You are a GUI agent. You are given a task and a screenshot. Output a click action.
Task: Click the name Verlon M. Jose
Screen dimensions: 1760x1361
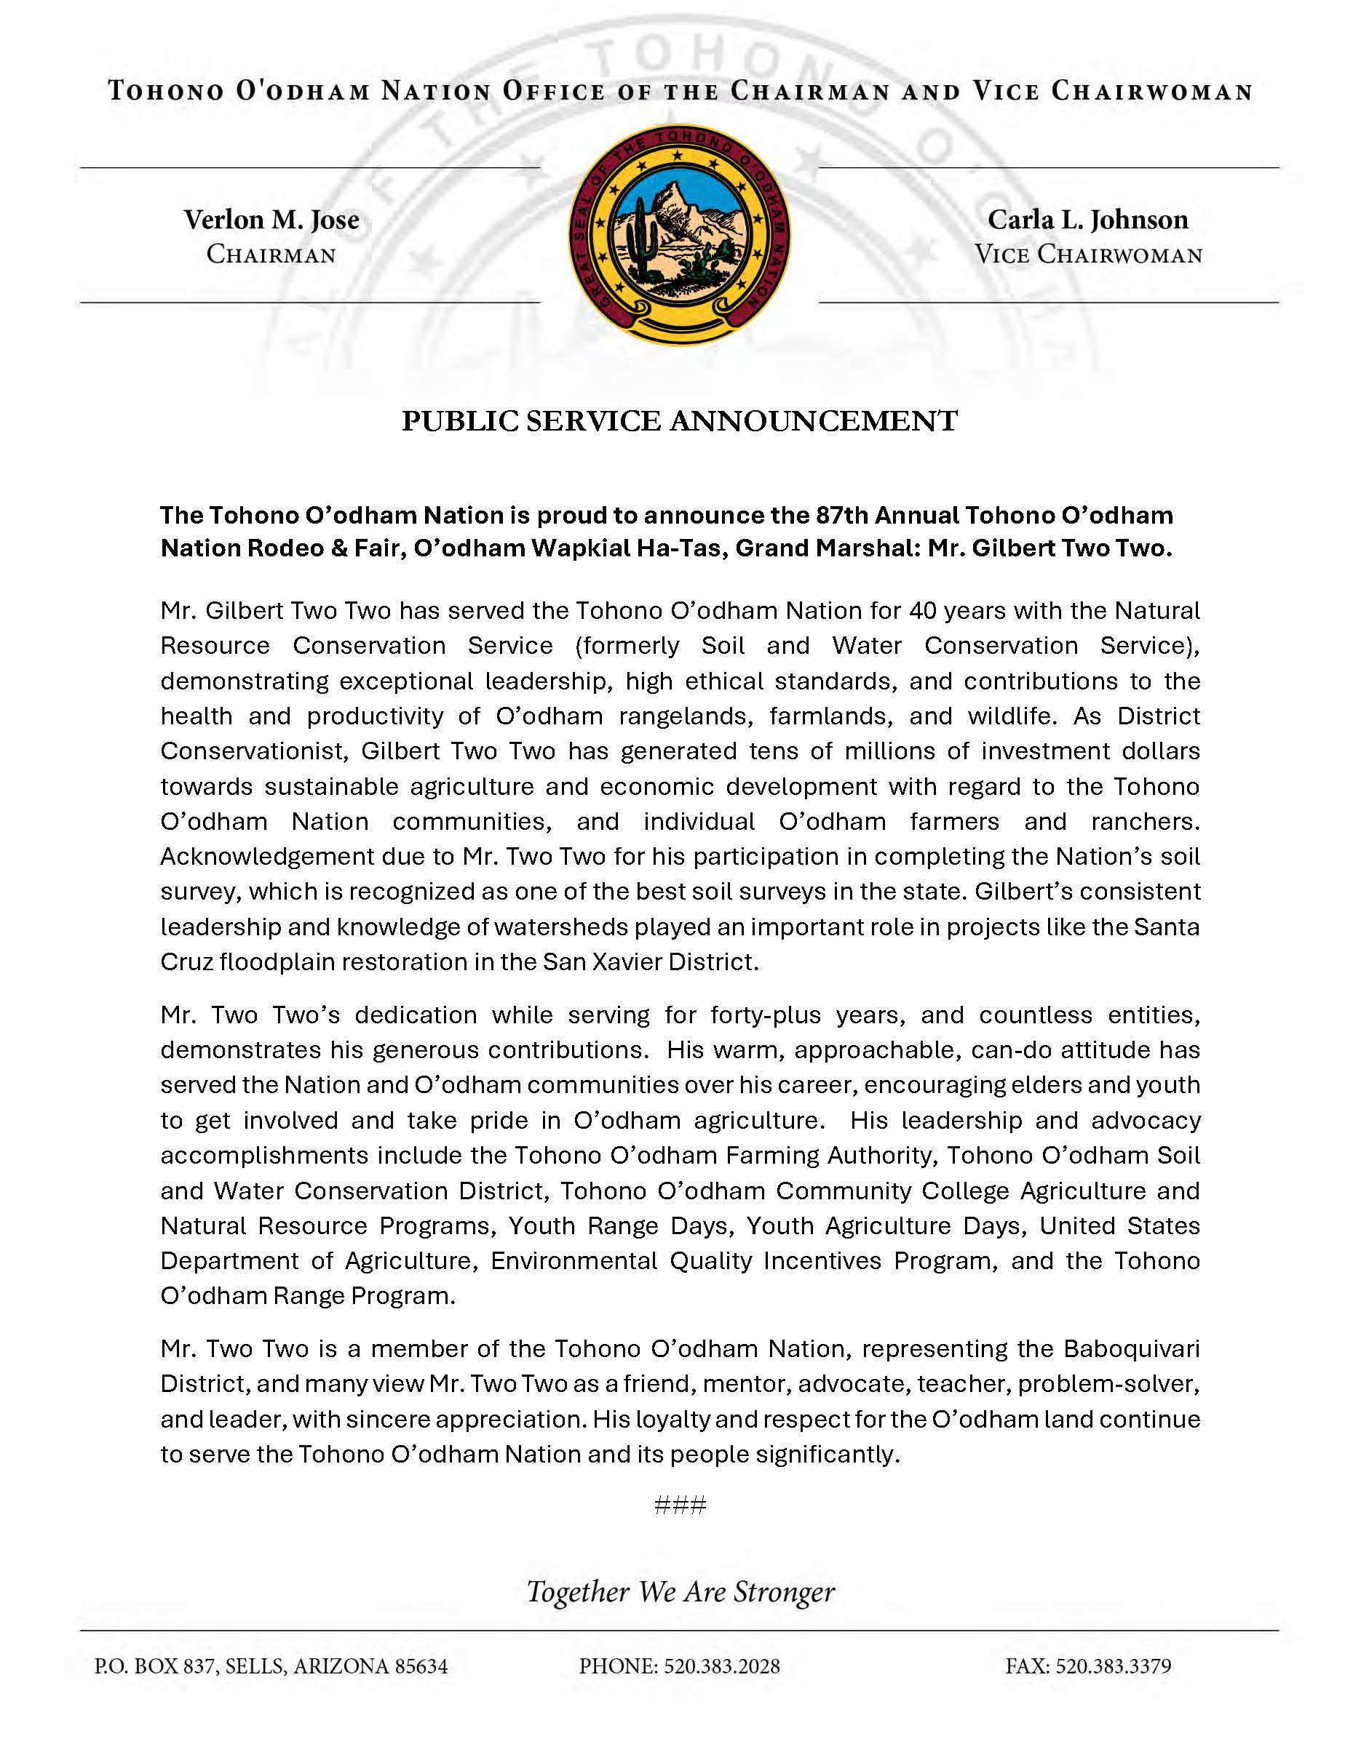[271, 220]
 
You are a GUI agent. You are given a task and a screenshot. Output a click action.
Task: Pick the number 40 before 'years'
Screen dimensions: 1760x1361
[924, 610]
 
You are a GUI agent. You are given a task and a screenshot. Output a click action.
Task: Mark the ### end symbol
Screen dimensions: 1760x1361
[680, 1505]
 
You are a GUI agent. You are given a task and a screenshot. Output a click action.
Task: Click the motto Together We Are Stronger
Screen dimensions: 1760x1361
[680, 1591]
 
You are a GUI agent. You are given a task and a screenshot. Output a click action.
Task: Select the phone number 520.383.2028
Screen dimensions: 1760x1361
[721, 1666]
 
